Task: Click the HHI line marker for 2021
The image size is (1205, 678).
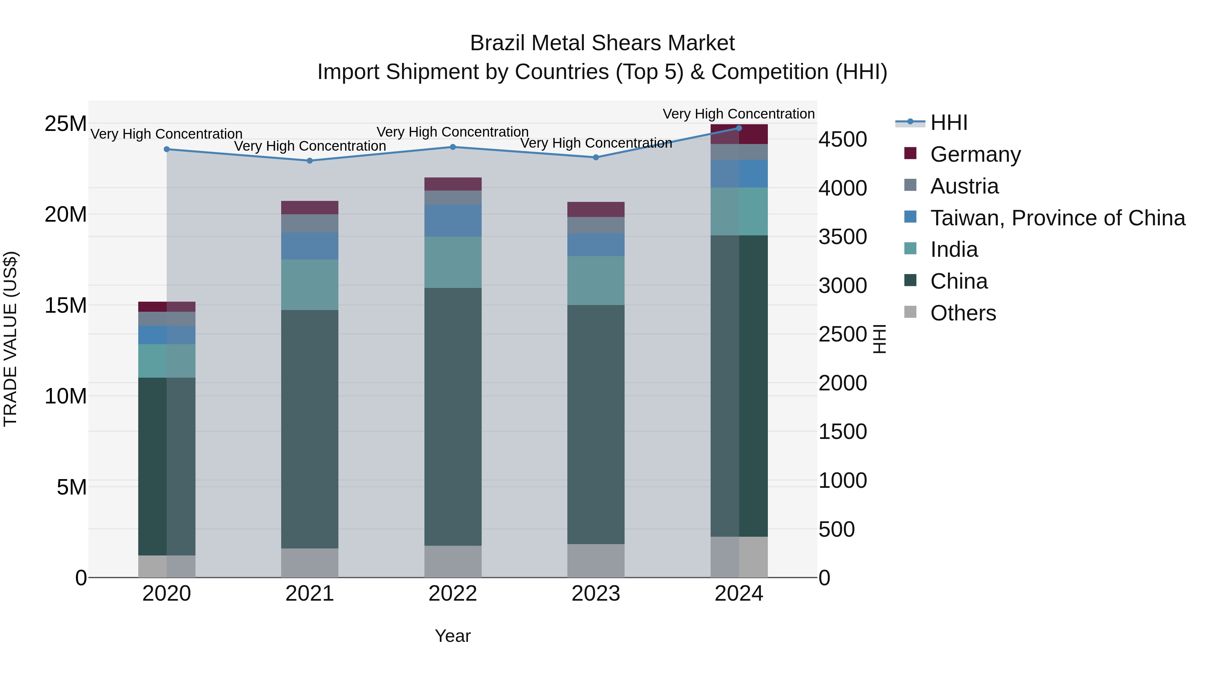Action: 310,160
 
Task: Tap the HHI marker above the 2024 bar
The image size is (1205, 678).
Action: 739,128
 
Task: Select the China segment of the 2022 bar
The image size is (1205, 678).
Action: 453,417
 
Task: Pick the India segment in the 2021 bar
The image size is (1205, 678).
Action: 310,285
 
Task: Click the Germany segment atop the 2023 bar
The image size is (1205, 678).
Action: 595,209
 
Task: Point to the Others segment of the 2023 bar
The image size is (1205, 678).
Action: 595,560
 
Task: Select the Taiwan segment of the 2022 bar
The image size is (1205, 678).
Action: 453,220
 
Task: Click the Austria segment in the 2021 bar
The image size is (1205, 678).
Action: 310,223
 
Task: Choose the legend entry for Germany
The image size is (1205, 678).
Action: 975,154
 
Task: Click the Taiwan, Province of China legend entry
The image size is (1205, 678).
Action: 1057,218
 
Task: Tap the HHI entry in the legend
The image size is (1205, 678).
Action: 949,123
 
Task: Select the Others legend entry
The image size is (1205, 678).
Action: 963,313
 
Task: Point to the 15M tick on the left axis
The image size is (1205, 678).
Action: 66,306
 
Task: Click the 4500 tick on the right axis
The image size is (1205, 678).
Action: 842,139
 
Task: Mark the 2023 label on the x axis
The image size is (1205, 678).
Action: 595,594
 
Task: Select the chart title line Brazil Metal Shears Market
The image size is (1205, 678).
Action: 602,43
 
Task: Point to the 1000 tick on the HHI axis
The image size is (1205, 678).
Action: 842,480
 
